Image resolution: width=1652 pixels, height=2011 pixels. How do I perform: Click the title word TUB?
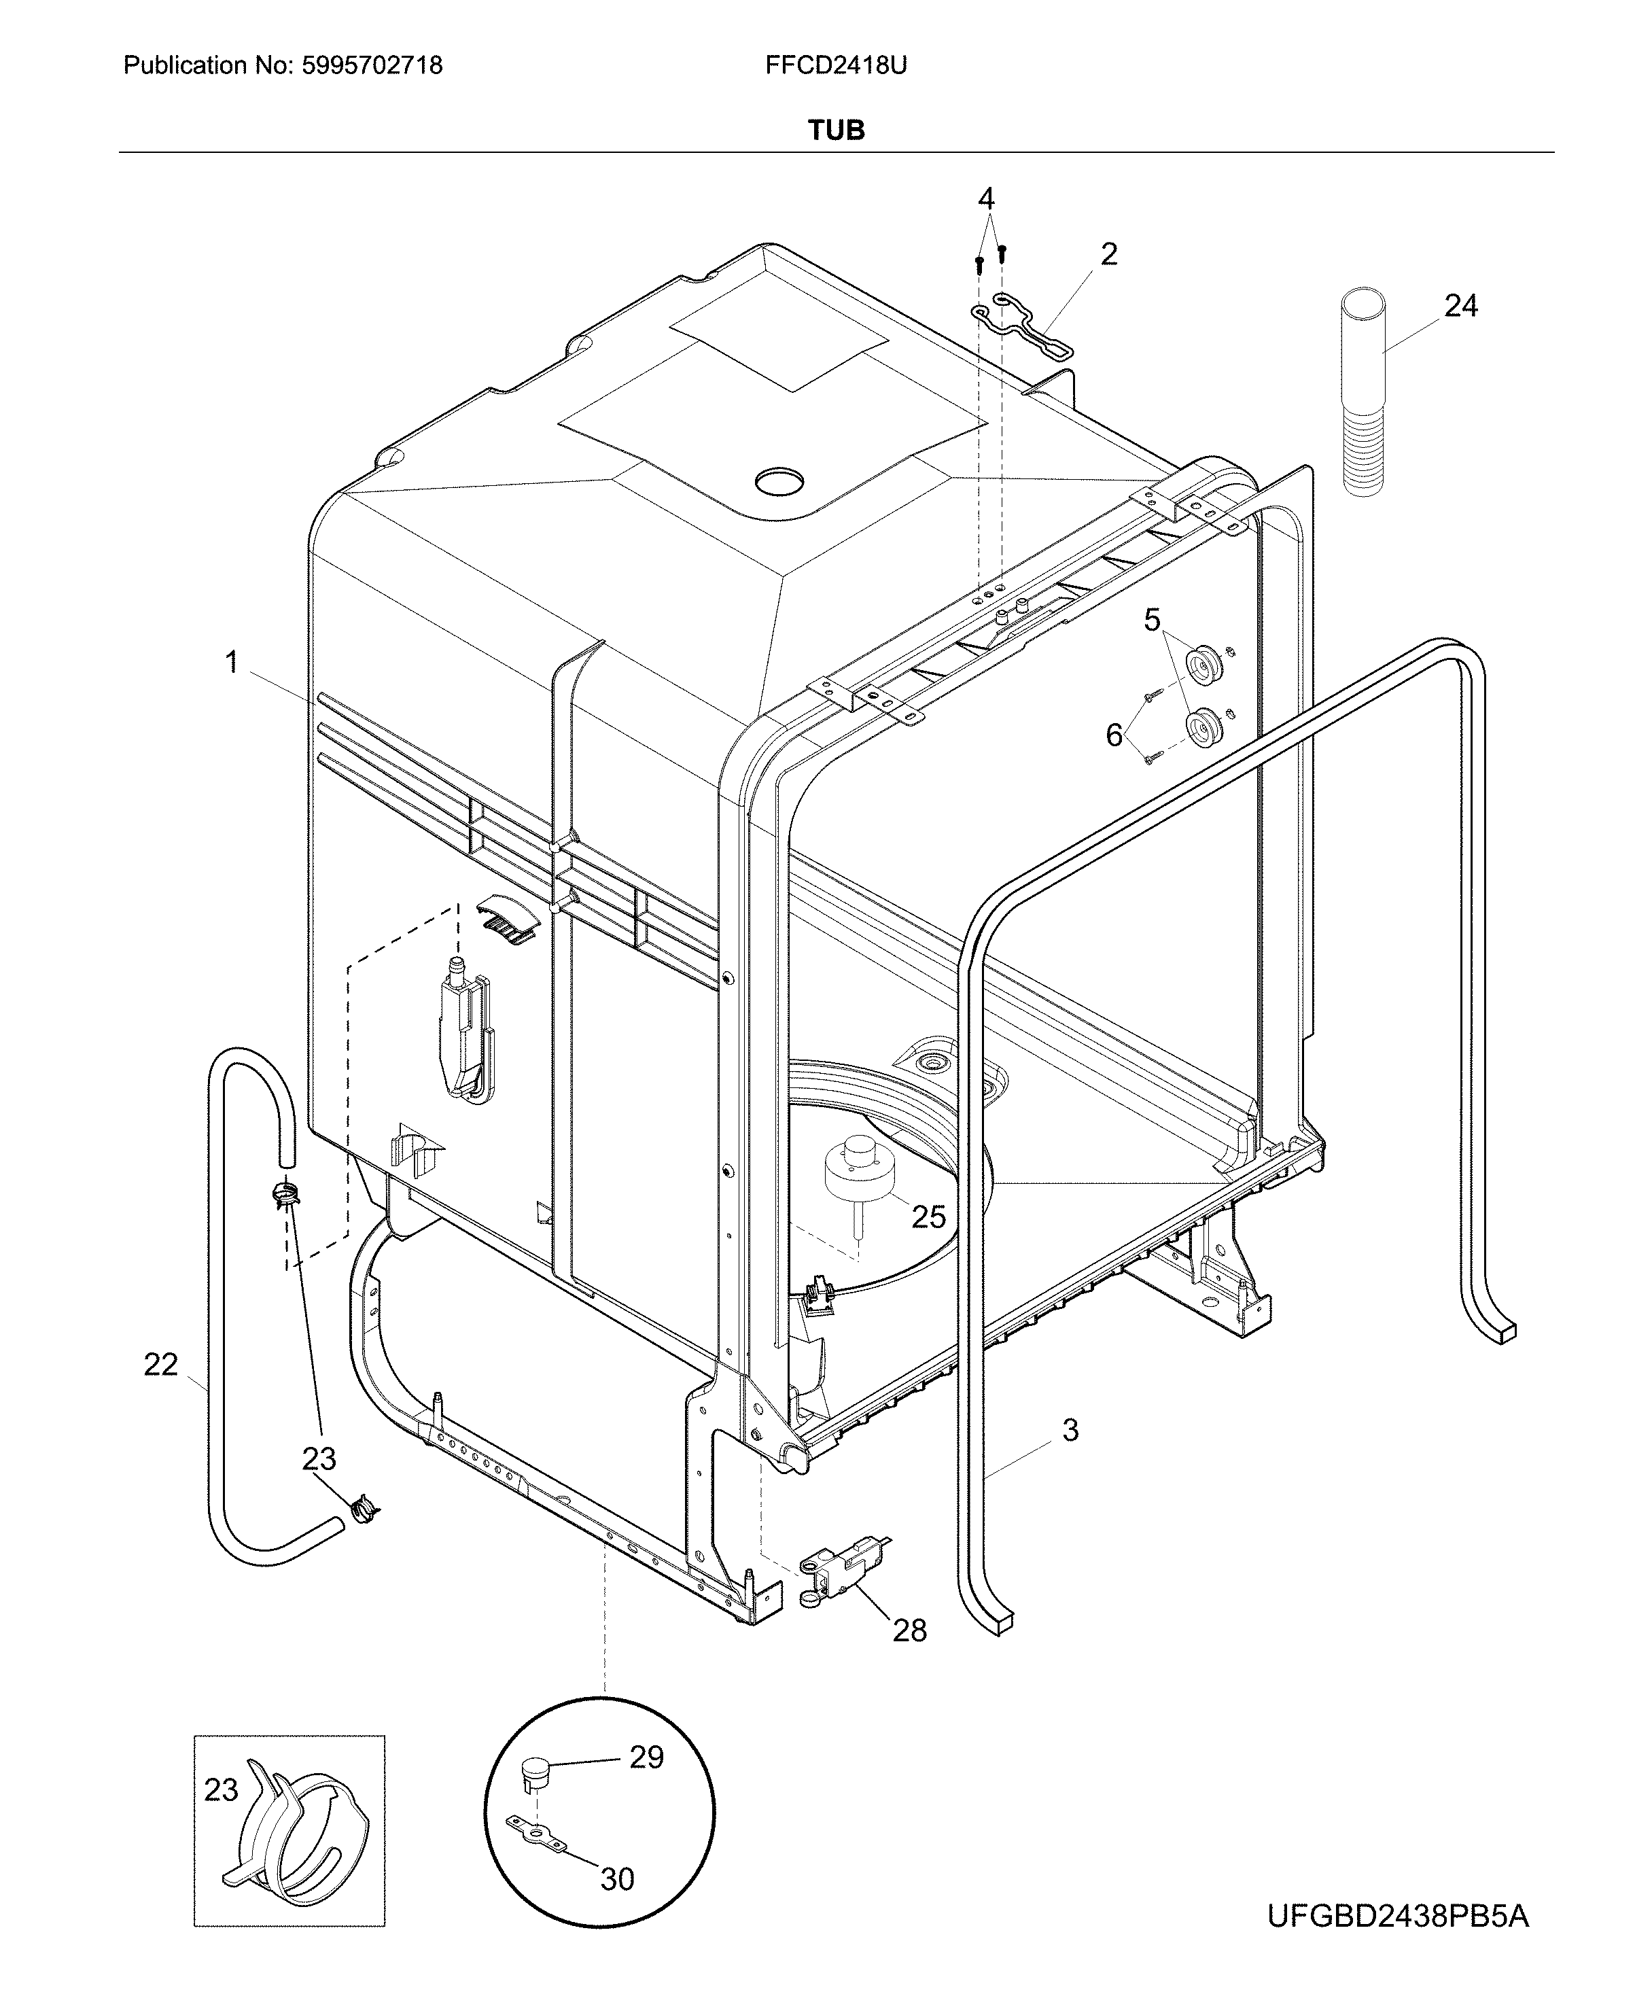tap(836, 130)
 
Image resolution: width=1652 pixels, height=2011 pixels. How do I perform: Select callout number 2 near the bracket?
tap(1108, 254)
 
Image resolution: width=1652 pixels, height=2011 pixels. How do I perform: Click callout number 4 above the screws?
tap(986, 199)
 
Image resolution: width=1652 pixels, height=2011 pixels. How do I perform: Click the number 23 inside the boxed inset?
tap(221, 1789)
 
